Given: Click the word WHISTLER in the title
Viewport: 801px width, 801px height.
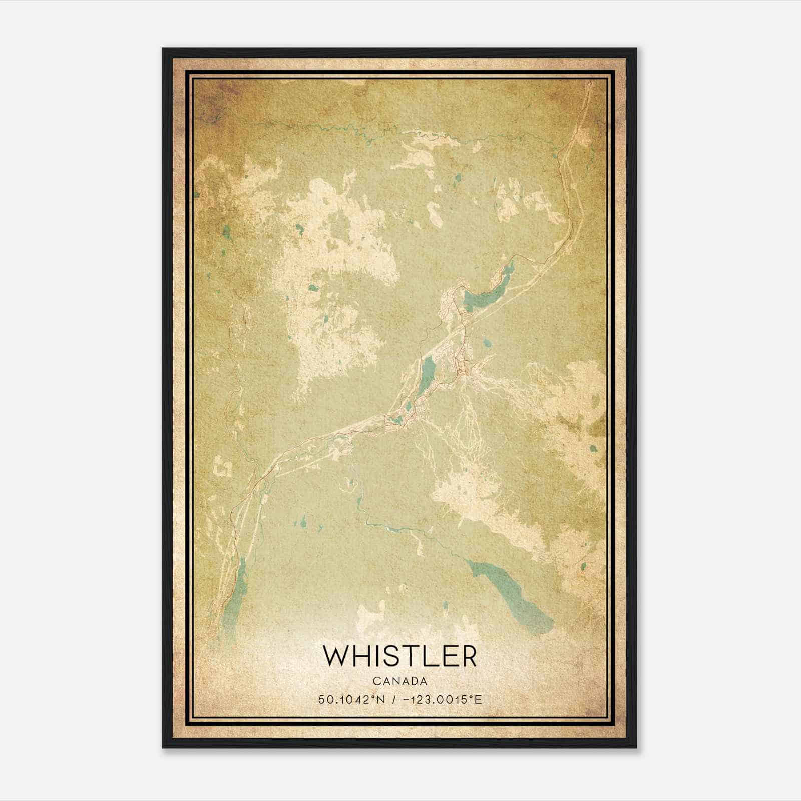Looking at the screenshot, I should (400, 656).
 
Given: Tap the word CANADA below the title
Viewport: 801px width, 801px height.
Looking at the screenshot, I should (400, 681).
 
